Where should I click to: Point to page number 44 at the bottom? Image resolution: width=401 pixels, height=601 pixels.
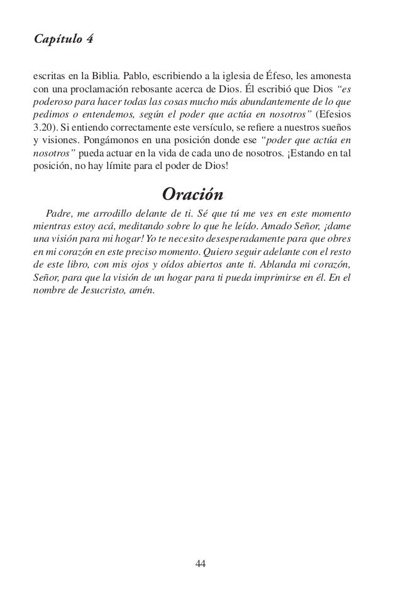200,561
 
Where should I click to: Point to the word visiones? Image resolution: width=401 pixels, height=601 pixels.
58,142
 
